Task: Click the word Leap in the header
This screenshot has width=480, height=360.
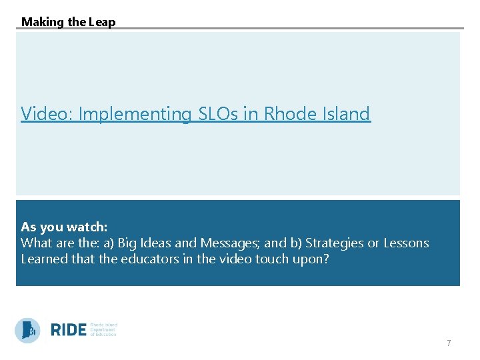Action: (103, 22)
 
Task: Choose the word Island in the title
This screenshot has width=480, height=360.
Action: (345, 114)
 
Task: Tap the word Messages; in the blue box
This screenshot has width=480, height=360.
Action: (227, 243)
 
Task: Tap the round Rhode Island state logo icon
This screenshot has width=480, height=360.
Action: (27, 330)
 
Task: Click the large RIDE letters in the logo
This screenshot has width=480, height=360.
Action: (69, 330)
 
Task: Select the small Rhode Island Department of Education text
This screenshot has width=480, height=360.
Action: (103, 329)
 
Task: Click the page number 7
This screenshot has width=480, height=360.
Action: (449, 343)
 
